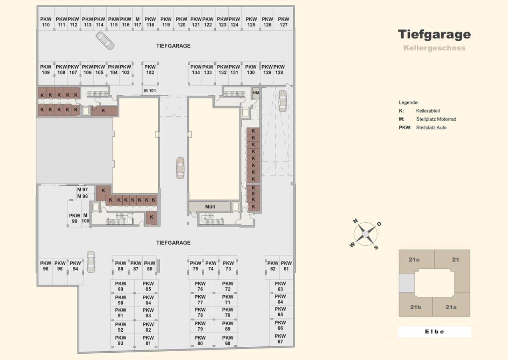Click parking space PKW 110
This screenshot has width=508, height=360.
point(46,19)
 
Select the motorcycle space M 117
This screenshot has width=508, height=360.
point(137,19)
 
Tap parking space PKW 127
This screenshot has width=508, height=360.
point(283,19)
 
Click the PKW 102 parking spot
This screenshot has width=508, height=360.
point(150,73)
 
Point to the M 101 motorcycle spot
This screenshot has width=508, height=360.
point(150,90)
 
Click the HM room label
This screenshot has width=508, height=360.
point(256,93)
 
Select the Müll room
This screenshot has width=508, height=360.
point(210,207)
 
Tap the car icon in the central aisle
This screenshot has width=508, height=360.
point(180,168)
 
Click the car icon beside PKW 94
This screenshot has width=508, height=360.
point(91,262)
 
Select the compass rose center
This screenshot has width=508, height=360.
point(366,234)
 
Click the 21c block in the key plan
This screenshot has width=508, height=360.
point(414,260)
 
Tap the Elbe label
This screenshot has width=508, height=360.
point(434,332)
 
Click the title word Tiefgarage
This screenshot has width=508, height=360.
point(434,34)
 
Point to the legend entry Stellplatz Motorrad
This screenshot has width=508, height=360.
point(436,119)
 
